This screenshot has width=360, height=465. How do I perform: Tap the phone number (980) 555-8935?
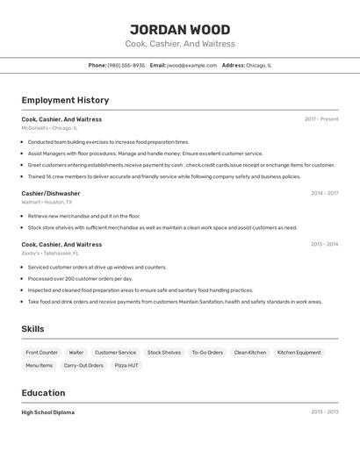[126, 65]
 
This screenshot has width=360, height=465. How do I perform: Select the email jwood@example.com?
[191, 65]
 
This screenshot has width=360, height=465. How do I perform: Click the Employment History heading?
[65, 100]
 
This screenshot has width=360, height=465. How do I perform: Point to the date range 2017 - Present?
[321, 119]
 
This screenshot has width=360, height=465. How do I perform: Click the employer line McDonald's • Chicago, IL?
[50, 128]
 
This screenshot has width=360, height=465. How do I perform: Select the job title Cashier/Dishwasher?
[51, 193]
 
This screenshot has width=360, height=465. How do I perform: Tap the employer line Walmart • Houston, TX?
[47, 202]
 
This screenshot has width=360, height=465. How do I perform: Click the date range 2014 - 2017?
[324, 193]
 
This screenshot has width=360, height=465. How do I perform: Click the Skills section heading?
[33, 329]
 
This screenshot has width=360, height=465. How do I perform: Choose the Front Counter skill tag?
[42, 353]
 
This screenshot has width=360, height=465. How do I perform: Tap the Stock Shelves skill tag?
[164, 353]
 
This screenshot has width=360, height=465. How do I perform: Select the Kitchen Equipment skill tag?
[299, 353]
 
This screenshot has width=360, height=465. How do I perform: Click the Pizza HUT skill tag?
[126, 366]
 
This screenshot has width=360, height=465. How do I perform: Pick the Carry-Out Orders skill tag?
[84, 366]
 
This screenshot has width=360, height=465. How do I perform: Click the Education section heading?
[43, 393]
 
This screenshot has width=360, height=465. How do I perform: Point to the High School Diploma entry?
[48, 412]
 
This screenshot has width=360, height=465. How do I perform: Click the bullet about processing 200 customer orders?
[81, 279]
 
